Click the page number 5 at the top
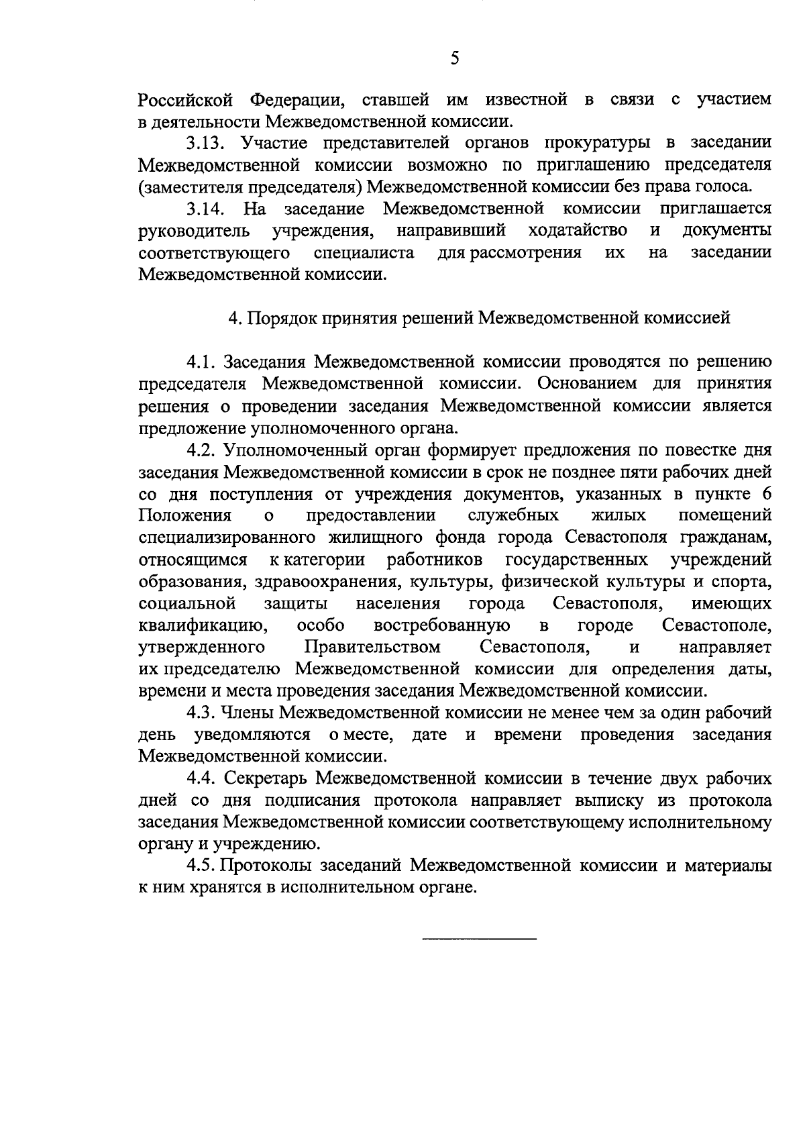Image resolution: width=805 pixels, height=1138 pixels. (x=455, y=59)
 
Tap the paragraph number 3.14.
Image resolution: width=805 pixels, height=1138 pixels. (x=205, y=209)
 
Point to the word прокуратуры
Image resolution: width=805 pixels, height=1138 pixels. (x=595, y=143)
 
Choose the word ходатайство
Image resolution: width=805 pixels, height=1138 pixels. (x=578, y=231)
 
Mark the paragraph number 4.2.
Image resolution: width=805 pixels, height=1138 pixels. (x=201, y=450)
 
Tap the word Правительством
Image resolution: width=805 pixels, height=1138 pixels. (x=372, y=648)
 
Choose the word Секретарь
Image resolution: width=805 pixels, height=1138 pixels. (x=268, y=778)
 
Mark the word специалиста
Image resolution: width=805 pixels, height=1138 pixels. (x=364, y=253)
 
